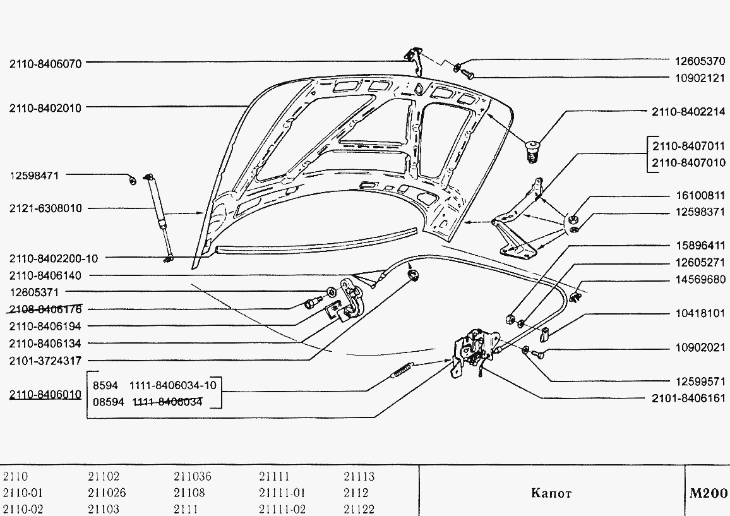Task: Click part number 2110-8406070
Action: pos(45,64)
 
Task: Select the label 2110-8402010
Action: pos(45,108)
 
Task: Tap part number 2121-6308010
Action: pos(45,208)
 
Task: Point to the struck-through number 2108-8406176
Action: pos(45,309)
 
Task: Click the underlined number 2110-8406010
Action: pos(45,395)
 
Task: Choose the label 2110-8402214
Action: pos(688,112)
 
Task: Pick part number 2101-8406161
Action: pos(688,398)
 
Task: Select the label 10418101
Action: pos(700,313)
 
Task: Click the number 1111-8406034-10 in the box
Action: pos(173,386)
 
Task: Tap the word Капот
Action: pos(551,493)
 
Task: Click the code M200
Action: pos(708,493)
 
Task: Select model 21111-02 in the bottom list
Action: pos(282,509)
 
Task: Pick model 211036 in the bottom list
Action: pos(192,476)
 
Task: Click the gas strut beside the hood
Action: pos(159,217)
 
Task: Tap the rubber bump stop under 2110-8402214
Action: pos(532,150)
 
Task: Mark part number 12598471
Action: pos(34,176)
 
